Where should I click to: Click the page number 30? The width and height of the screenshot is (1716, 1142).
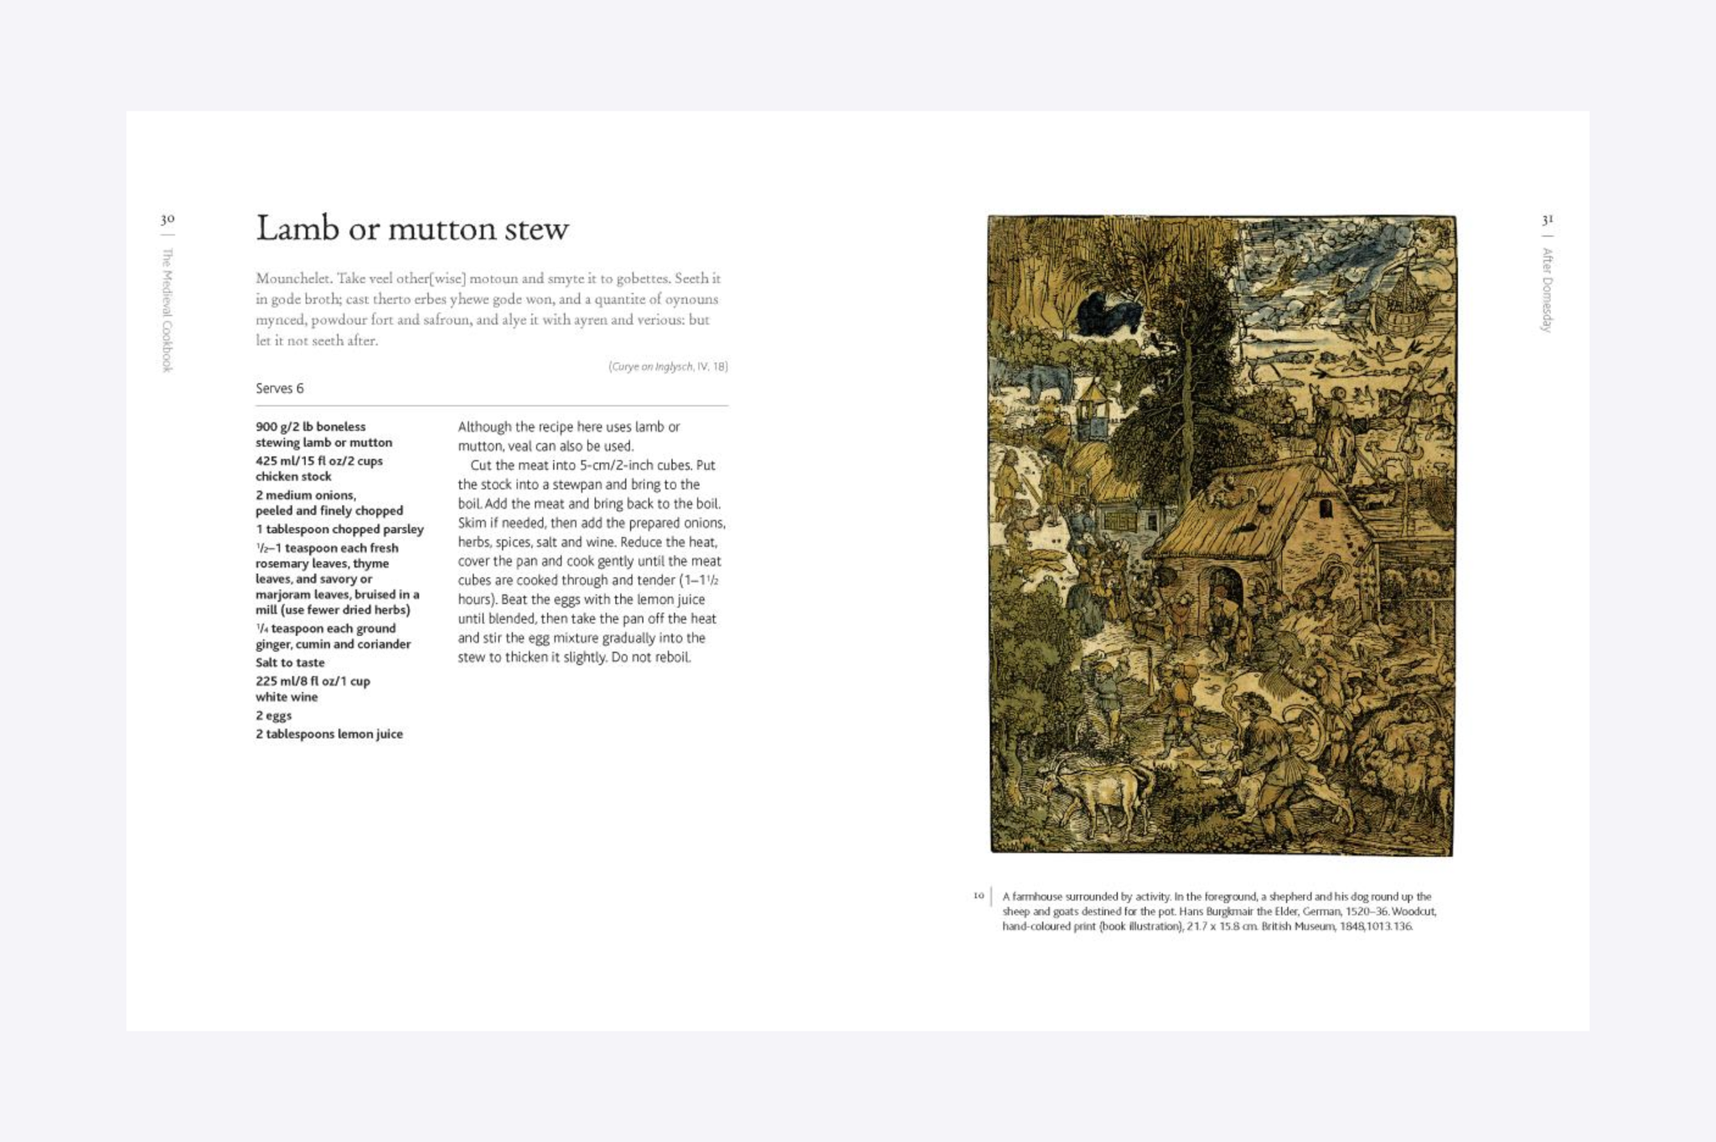168,220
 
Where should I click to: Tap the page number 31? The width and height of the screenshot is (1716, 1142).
1547,220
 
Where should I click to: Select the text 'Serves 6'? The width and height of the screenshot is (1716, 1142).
280,389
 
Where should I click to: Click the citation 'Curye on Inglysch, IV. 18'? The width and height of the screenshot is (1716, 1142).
668,367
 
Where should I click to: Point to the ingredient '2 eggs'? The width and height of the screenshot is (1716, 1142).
274,716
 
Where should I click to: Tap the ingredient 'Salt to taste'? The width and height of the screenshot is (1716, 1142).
290,663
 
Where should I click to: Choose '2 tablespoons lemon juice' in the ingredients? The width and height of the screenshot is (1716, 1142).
329,734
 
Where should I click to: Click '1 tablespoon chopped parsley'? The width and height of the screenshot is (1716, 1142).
339,530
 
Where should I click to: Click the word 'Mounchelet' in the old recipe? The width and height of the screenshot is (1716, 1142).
292,278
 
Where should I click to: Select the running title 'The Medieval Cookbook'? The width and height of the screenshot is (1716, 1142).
168,310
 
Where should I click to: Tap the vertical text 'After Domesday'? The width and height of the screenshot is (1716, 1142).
1547,290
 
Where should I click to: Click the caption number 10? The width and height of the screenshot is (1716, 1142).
978,896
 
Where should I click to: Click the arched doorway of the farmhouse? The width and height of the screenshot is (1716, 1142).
1224,594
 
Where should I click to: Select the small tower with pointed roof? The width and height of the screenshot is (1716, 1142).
1093,411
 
